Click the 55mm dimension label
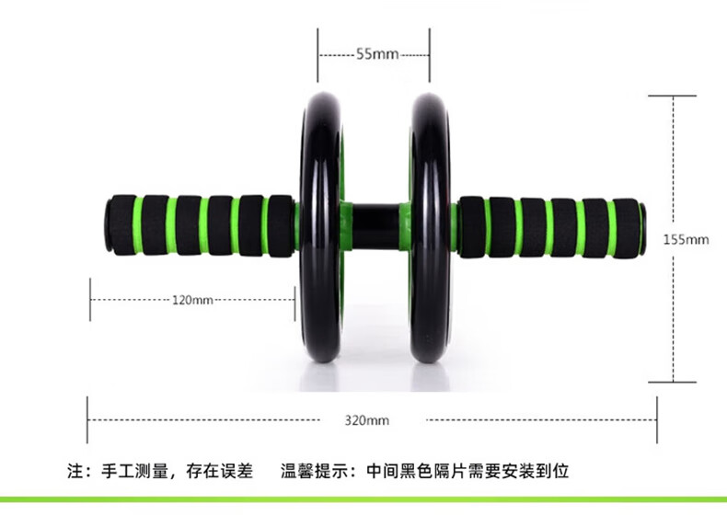click(x=376, y=54)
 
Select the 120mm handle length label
click(x=192, y=300)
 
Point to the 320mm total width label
click(x=367, y=420)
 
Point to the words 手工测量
click(x=137, y=473)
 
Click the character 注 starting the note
click(x=76, y=473)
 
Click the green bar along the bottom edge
click(x=363, y=501)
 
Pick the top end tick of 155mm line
click(x=674, y=96)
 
